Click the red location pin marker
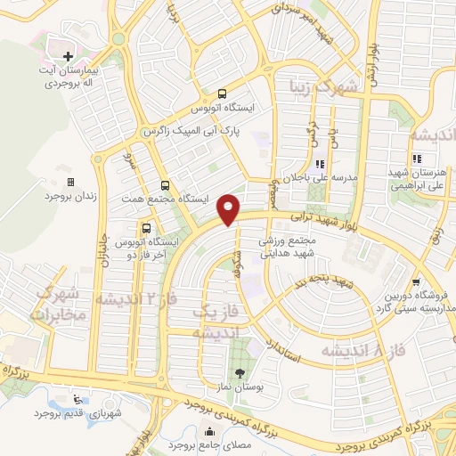(229, 208)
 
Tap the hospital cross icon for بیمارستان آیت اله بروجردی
(69, 56)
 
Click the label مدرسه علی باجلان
(319, 176)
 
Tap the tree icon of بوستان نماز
(239, 372)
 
